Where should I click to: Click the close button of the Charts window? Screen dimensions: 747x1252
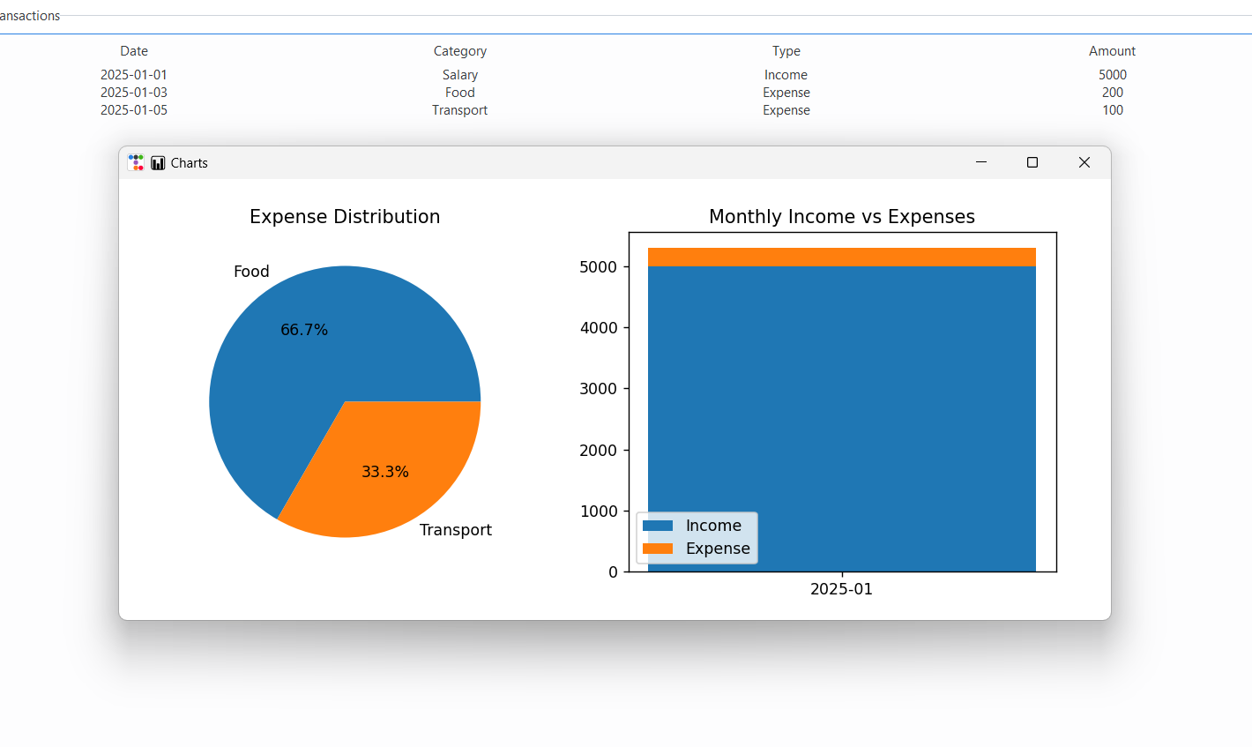(x=1084, y=162)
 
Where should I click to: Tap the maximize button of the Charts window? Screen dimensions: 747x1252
(x=1032, y=162)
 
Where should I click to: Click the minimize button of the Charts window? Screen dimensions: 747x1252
(x=981, y=162)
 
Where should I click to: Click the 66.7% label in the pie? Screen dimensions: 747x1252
(x=304, y=330)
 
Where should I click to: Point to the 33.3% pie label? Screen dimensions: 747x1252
(x=385, y=472)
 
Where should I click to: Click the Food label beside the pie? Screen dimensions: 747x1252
(x=251, y=272)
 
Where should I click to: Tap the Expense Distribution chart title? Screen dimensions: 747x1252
(x=345, y=217)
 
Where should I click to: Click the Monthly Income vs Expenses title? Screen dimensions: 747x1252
(x=842, y=217)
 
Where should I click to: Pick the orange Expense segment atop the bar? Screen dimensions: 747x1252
(x=842, y=257)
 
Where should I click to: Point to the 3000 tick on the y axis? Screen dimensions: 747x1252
(x=599, y=389)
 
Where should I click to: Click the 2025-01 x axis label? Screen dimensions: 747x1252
(x=841, y=589)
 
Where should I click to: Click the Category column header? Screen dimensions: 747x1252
(x=460, y=51)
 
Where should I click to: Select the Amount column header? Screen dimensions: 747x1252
(x=1112, y=51)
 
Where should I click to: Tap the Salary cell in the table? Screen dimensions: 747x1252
(x=460, y=75)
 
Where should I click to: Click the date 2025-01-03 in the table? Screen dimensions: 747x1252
(x=134, y=93)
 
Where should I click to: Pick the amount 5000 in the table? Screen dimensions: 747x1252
(x=1113, y=75)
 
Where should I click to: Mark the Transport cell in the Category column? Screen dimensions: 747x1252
(x=460, y=110)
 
